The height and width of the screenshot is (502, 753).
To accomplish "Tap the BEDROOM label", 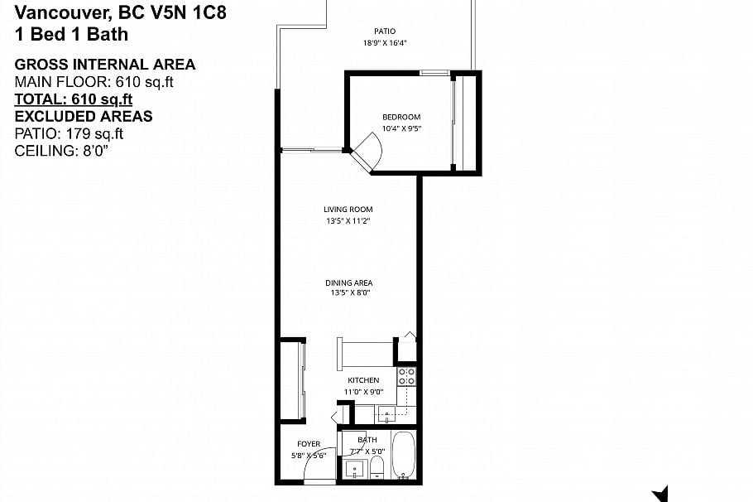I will click(401, 117).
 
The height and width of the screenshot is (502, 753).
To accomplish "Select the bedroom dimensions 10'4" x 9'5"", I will click(401, 128).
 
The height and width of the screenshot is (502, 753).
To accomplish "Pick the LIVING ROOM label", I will click(348, 210).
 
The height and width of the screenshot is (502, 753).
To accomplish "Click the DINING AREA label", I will click(348, 283).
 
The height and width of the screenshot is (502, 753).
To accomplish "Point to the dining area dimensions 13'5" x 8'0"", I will click(348, 293).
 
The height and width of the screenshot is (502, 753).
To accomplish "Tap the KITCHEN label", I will click(362, 380).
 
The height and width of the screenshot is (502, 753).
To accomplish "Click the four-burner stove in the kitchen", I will click(406, 377).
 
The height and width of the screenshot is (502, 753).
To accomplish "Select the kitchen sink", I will click(387, 413).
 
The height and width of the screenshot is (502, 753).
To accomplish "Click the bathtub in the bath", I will click(404, 456).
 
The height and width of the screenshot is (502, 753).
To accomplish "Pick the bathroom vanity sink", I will click(355, 469).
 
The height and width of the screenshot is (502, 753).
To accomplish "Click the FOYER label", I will click(309, 444).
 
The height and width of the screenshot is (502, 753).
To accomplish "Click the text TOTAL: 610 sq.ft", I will click(74, 99).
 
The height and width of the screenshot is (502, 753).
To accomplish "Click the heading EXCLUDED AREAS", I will click(84, 116).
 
